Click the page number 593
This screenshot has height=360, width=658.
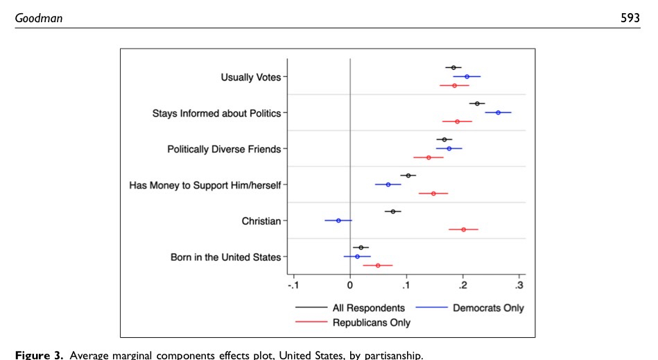coord(630,18)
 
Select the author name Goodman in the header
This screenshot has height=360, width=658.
coord(39,18)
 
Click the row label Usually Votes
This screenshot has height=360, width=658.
coord(250,77)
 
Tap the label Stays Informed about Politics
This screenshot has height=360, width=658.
coord(216,113)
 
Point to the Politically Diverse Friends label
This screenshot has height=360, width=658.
coord(224,149)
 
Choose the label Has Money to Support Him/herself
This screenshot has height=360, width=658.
coord(205,185)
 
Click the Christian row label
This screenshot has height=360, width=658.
coord(261,221)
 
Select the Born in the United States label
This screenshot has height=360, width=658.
coord(225,257)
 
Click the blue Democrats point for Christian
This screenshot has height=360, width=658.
coord(338,221)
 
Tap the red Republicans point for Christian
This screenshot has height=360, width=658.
coord(464,229)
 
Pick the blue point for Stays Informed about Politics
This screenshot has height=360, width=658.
coord(498,112)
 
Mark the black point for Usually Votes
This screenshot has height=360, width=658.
coord(453,67)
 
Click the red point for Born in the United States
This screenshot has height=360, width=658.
coord(378,265)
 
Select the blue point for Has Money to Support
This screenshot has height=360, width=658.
coord(388,185)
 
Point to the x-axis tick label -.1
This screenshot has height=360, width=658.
coord(293,284)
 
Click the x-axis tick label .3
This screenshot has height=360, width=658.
coord(519,284)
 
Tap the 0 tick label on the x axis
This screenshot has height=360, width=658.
coord(350,284)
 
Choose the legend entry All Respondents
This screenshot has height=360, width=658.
coord(368,308)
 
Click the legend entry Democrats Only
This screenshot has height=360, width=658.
coord(488,308)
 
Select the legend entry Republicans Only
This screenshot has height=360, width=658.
coord(371,323)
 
